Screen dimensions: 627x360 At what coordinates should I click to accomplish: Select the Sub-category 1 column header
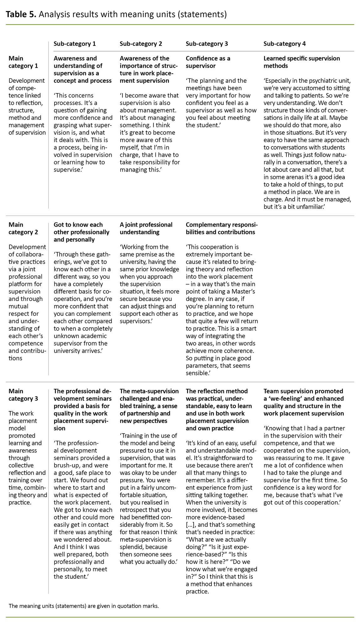coord(75,44)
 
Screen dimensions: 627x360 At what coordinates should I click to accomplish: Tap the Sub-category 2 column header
coord(141,44)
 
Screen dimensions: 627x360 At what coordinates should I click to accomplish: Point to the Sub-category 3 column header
coord(207,44)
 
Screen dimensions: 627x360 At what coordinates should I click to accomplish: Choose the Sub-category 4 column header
coord(284,44)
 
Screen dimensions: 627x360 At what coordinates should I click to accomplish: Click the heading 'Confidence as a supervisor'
coord(208,62)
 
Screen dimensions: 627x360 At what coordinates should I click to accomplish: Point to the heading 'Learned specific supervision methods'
coord(301,62)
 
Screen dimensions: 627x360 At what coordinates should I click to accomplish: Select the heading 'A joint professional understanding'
coord(146,229)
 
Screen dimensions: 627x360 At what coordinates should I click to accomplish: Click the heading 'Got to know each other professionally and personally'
coord(81,232)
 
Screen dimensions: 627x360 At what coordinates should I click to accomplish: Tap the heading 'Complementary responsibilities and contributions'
coord(222,229)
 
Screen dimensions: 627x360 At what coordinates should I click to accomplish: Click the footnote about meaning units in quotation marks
coord(84,606)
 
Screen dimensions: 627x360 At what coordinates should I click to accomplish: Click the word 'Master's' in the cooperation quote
coord(245,292)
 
